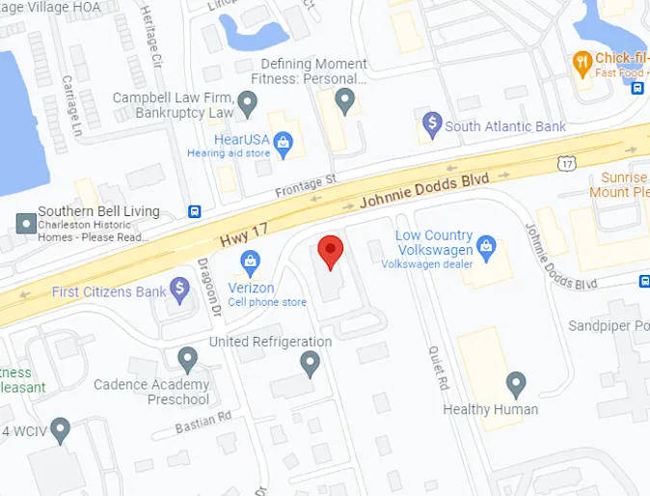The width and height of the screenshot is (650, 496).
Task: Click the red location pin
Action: [x=331, y=251]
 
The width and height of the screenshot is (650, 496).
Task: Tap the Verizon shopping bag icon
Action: [x=251, y=261]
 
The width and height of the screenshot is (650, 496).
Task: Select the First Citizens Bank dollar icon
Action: [x=179, y=288]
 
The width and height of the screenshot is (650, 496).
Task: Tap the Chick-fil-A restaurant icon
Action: [x=582, y=64]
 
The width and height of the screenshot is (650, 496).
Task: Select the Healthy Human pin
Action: [x=516, y=384]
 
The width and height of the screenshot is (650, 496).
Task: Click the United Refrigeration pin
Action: [x=310, y=363]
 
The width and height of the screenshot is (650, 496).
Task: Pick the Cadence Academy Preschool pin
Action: [x=187, y=359]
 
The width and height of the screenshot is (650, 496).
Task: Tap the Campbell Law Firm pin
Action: [x=248, y=101]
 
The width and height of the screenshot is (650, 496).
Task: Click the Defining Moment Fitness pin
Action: [x=345, y=98]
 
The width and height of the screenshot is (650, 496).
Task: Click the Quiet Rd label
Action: [x=438, y=369]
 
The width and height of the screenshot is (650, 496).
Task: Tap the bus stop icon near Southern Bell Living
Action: [x=194, y=212]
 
